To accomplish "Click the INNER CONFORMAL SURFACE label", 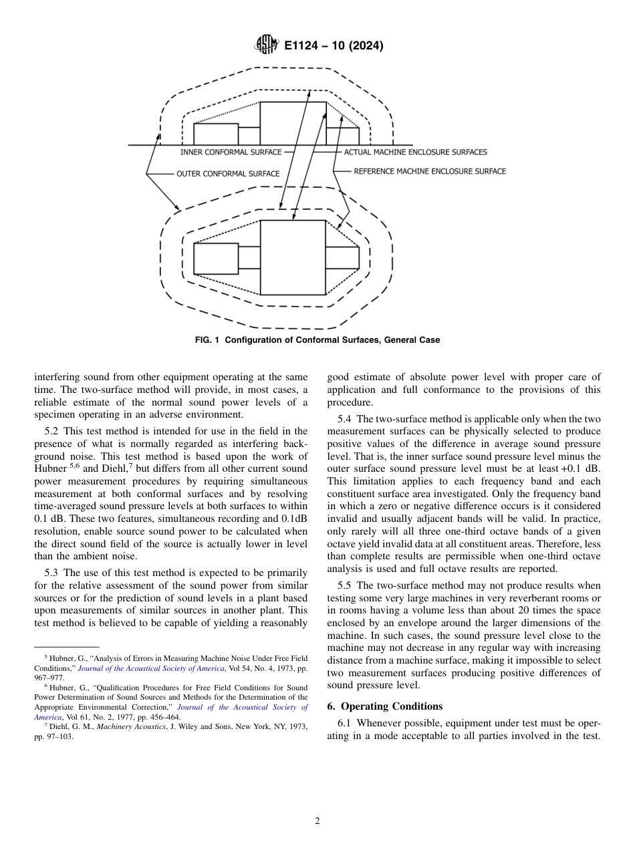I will click(231, 152).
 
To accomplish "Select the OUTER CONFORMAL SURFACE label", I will click(228, 174).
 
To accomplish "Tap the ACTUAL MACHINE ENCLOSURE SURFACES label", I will click(415, 152).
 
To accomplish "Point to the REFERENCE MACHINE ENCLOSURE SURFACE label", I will click(430, 171).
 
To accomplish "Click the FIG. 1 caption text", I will click(317, 340).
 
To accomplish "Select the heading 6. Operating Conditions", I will click(384, 706).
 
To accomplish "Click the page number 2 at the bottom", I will click(317, 821).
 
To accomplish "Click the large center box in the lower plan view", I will click(292, 257).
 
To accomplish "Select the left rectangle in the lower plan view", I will click(215, 259).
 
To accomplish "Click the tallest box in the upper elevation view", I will click(292, 123).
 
